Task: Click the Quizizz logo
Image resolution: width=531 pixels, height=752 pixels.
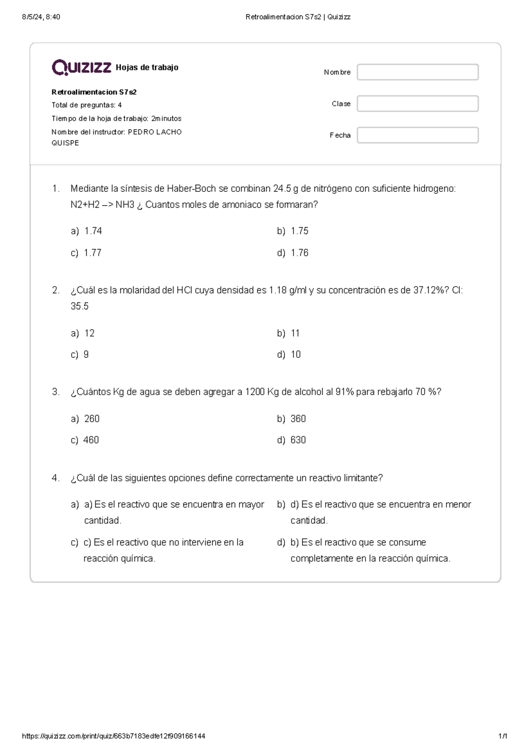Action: pos(81,67)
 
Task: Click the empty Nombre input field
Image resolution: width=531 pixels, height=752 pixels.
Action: pos(417,72)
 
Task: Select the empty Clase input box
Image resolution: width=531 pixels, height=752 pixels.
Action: pos(417,104)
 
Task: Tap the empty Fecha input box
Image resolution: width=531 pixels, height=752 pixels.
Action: pos(417,135)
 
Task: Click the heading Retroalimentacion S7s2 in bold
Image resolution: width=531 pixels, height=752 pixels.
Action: pos(94,92)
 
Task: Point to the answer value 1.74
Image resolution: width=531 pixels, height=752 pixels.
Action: pos(93,231)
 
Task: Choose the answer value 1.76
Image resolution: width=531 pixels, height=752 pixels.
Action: pos(299,253)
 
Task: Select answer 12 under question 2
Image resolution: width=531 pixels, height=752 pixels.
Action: pos(89,333)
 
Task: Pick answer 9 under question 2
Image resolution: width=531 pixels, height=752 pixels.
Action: pos(86,354)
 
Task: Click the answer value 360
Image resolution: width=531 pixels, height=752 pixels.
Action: pos(298,419)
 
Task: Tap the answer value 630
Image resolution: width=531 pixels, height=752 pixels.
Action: pos(298,440)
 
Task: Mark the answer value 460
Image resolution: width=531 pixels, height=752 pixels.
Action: pos(91,440)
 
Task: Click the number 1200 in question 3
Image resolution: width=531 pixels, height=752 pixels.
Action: pos(255,392)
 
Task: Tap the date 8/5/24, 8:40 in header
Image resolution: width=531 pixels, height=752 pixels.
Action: pos(41,17)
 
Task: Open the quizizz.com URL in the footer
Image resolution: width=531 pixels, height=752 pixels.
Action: pos(113,736)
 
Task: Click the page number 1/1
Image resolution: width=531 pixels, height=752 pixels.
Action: pos(502,736)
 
